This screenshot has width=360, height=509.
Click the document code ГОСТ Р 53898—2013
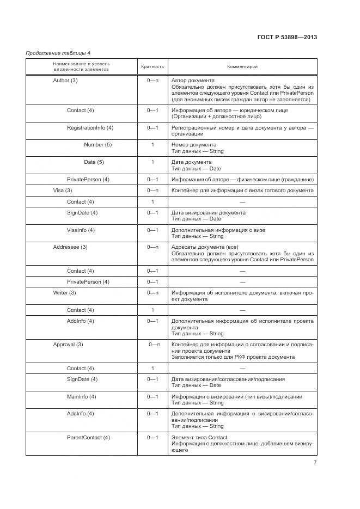pyautogui.click(x=286, y=38)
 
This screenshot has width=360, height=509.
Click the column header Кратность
pyautogui.click(x=152, y=66)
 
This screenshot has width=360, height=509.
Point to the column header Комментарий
pyautogui.click(x=242, y=66)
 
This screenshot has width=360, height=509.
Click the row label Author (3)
pyautogui.click(x=65, y=81)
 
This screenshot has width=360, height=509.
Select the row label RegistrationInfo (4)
pyautogui.click(x=90, y=127)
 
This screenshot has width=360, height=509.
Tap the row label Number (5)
pyautogui.click(x=97, y=145)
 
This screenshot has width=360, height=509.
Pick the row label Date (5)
pyautogui.click(x=94, y=162)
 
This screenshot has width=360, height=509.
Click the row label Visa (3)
pyautogui.click(x=62, y=191)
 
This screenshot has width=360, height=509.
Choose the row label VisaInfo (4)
pyautogui.click(x=81, y=230)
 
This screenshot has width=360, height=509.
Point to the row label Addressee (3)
pyautogui.click(x=70, y=247)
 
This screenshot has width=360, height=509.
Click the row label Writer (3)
pyautogui.click(x=64, y=293)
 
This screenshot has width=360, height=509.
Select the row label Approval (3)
pyautogui.click(x=68, y=345)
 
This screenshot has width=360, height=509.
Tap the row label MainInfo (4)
pyautogui.click(x=82, y=396)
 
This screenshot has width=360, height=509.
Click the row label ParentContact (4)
pyautogui.click(x=88, y=438)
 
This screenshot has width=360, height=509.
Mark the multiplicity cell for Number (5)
pyautogui.click(x=152, y=145)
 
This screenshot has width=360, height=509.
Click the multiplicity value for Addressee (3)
pyautogui.click(x=152, y=247)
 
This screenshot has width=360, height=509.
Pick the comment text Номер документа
pyautogui.click(x=194, y=145)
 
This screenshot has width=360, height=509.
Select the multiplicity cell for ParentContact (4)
pyautogui.click(x=152, y=438)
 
